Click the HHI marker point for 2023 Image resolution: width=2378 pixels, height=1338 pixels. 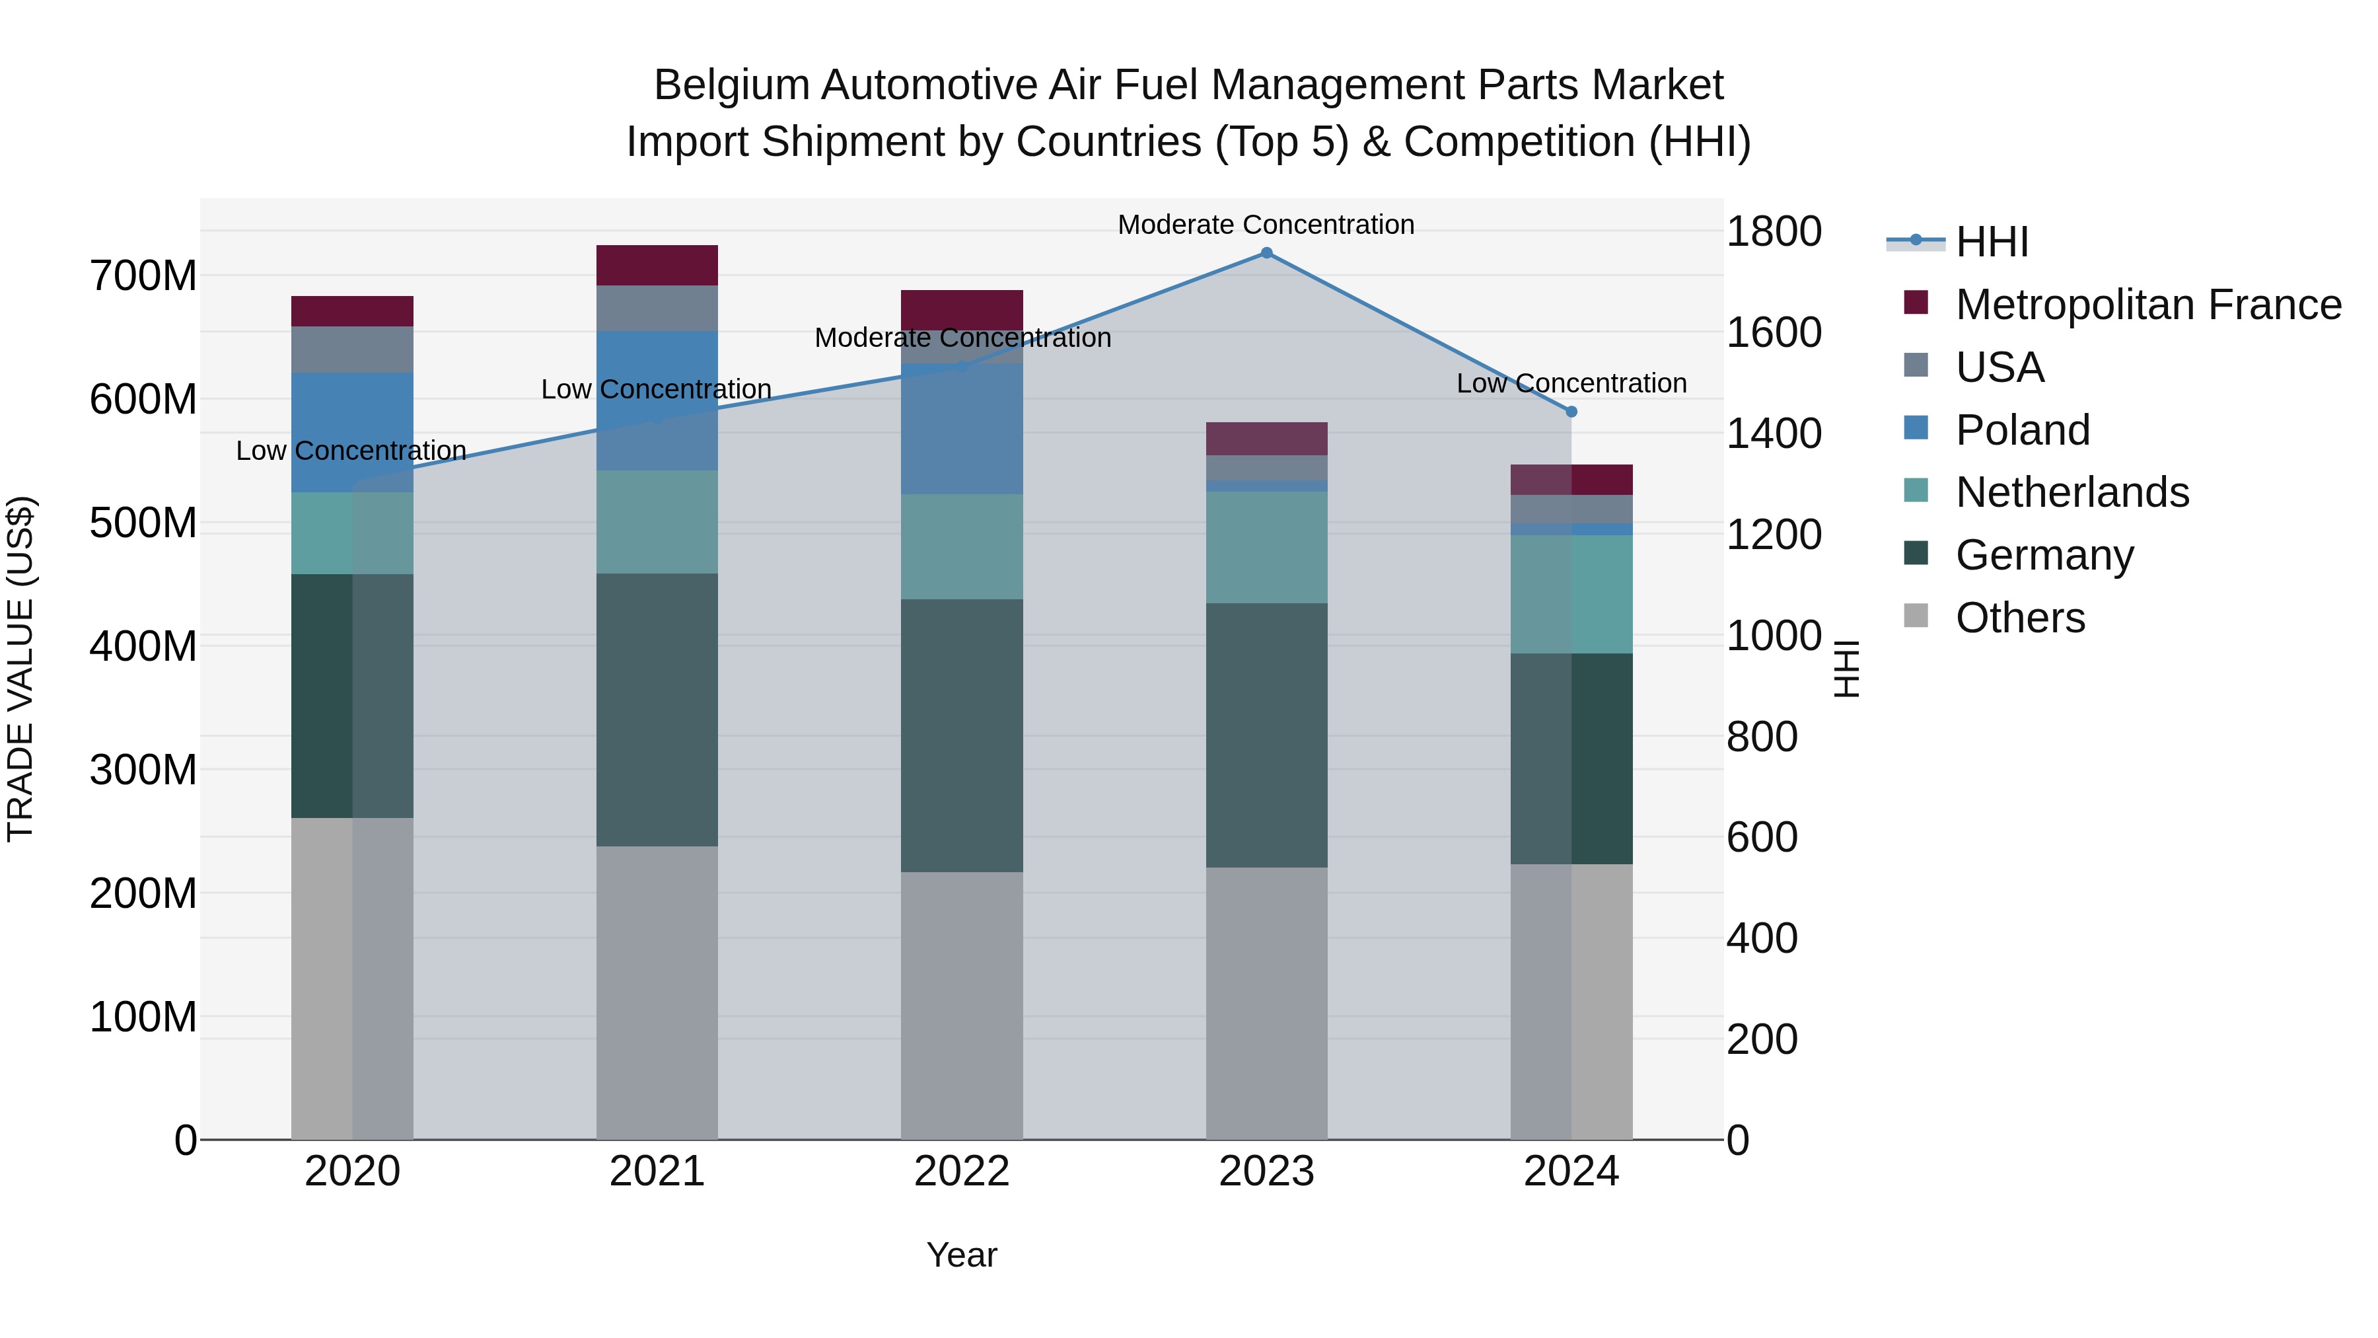1266,253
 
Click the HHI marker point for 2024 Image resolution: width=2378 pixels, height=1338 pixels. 1571,412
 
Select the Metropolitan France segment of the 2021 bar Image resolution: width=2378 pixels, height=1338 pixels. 657,265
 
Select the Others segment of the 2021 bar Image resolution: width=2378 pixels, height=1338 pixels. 657,992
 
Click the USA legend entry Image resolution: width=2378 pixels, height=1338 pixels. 2000,367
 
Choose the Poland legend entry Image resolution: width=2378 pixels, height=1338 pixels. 2022,429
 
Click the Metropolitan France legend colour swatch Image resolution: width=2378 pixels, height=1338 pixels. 1916,303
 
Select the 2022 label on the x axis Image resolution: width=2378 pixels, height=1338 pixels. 961,1171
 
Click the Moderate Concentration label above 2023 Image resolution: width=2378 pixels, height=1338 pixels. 1266,225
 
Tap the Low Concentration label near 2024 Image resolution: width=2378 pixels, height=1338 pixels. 1571,383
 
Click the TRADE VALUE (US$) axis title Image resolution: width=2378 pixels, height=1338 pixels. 20,669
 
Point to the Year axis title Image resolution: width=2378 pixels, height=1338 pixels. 961,1255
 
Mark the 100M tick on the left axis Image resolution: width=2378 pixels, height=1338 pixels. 143,1017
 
